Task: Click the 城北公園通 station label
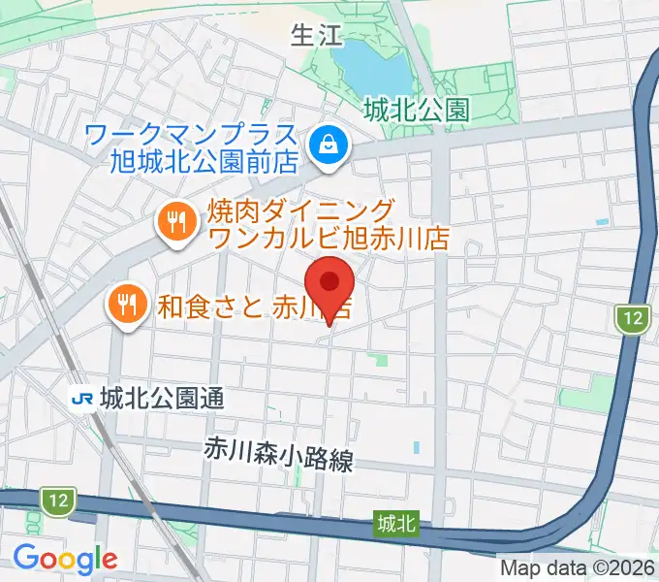tap(160, 398)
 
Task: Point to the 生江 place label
tap(317, 37)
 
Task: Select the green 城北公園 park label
tap(416, 111)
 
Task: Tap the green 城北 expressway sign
tap(396, 524)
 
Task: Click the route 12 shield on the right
tap(633, 317)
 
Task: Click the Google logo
tap(65, 558)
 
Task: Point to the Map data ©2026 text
tap(578, 567)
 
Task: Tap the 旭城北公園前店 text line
tap(204, 160)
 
